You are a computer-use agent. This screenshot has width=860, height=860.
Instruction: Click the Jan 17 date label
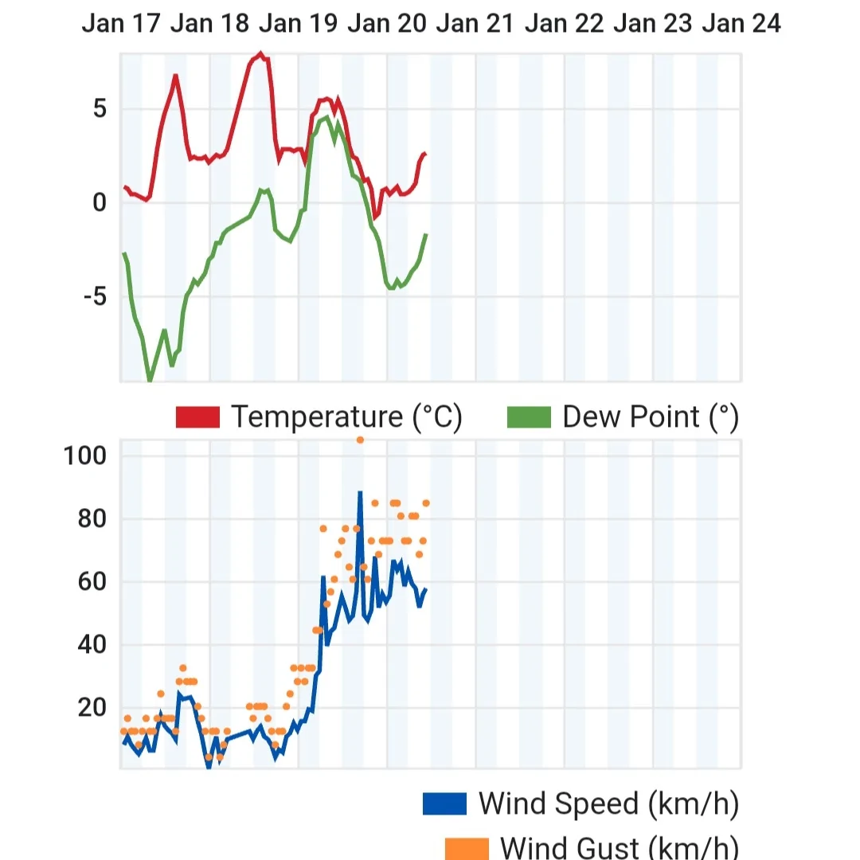tap(121, 24)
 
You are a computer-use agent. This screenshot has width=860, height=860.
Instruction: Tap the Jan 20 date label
tap(387, 24)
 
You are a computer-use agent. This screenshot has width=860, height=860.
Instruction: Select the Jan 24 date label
tap(741, 24)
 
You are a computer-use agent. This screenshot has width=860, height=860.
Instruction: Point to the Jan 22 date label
tap(565, 24)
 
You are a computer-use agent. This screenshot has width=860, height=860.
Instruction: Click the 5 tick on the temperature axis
tap(99, 109)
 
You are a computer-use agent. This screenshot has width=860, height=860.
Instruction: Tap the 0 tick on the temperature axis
tap(99, 203)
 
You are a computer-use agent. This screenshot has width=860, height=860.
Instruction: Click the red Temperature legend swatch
tap(197, 416)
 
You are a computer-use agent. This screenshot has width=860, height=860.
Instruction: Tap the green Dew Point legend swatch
tap(529, 416)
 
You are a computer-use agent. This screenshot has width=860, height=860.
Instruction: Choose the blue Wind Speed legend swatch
tap(444, 804)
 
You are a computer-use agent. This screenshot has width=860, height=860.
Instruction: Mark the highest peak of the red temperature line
tap(260, 54)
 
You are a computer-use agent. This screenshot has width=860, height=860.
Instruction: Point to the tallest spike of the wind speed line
tap(360, 493)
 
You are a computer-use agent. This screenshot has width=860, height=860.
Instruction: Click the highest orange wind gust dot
tap(360, 439)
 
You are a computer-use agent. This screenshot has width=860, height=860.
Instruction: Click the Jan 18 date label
tap(209, 24)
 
